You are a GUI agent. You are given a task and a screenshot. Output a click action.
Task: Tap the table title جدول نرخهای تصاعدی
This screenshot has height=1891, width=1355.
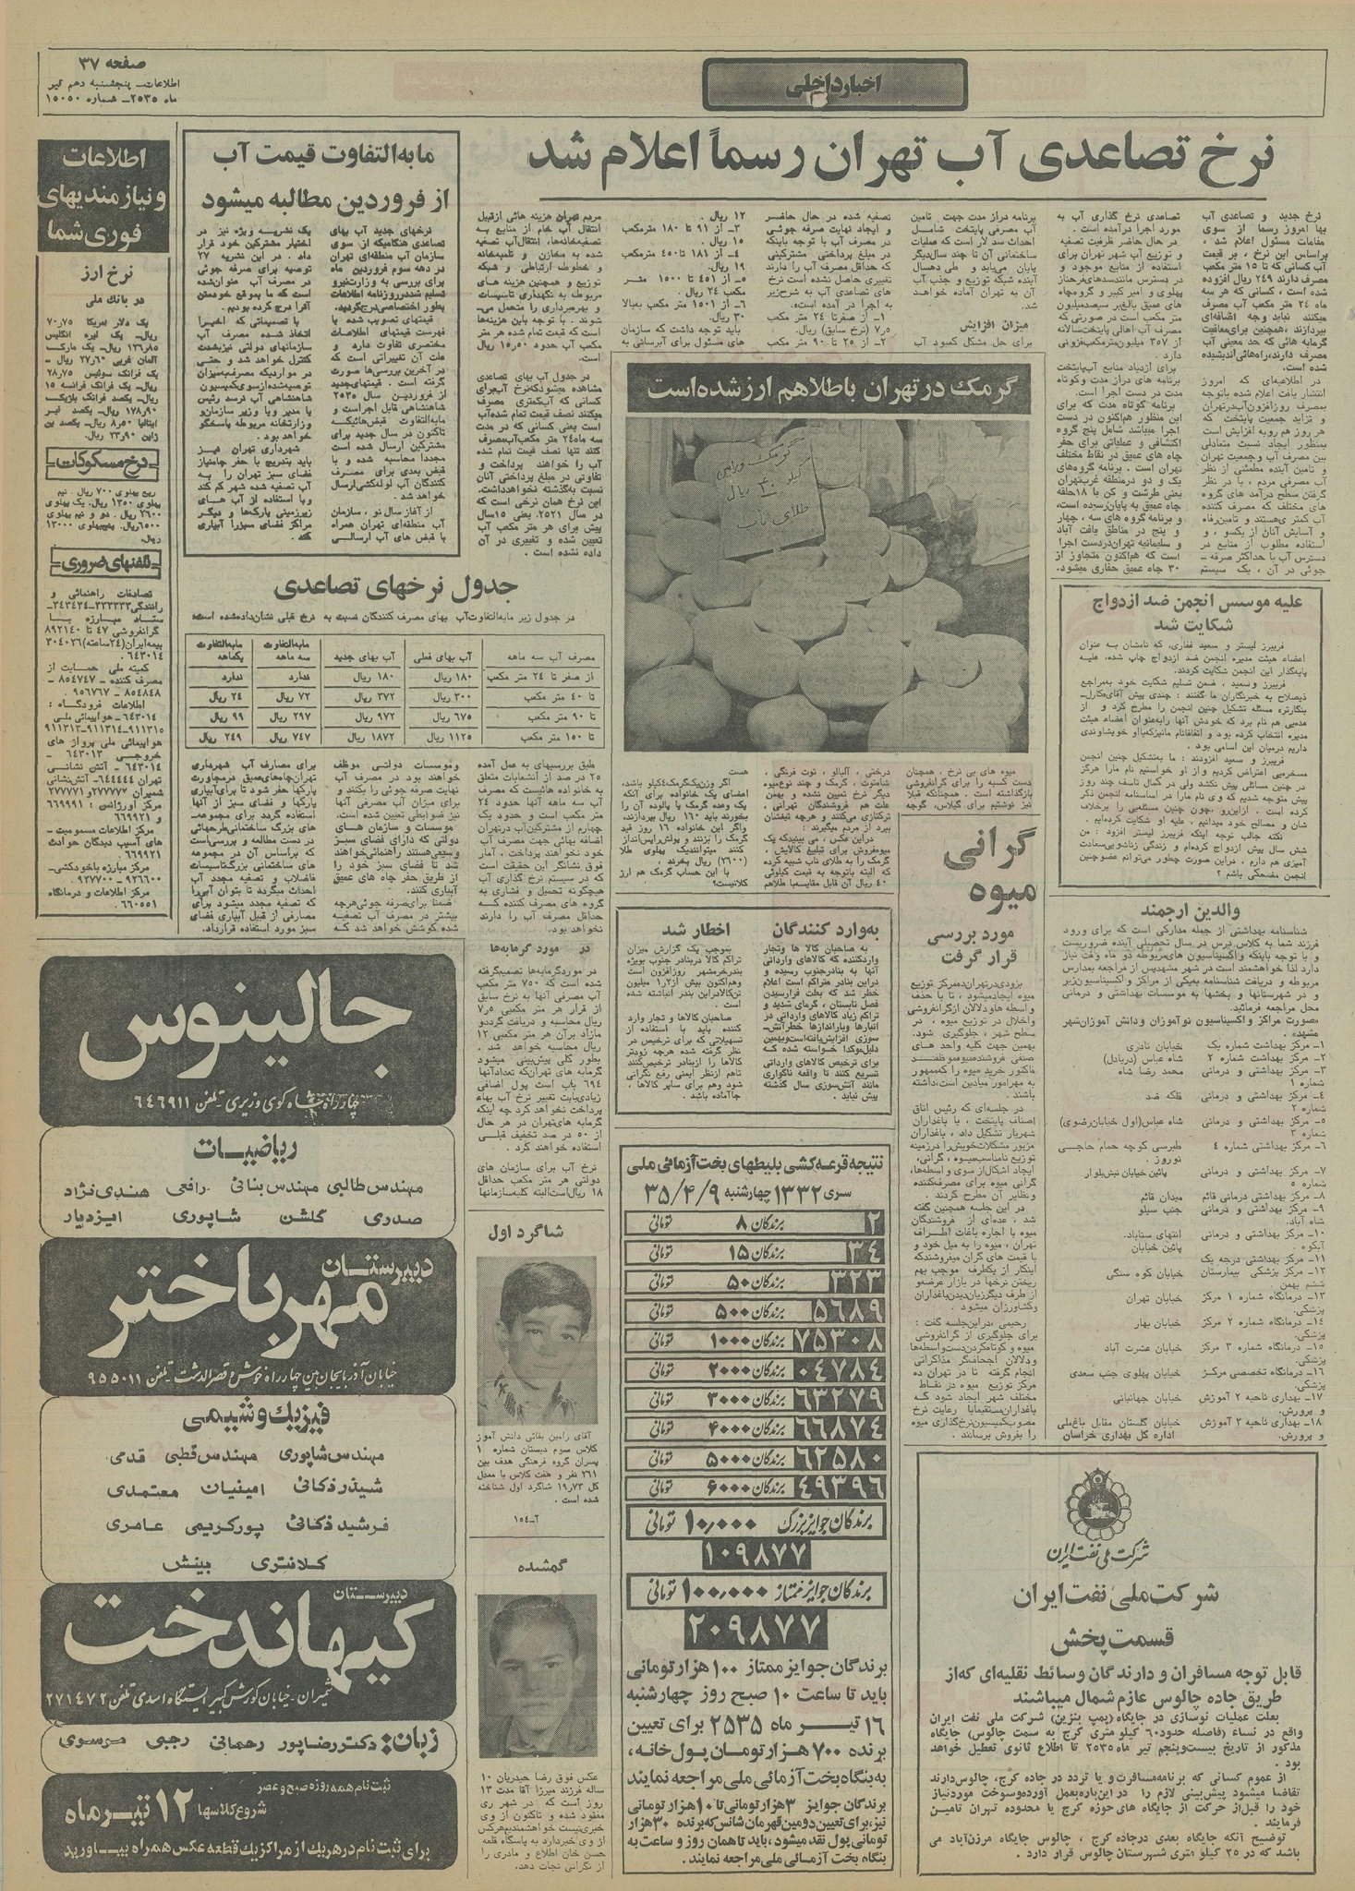coord(398,586)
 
